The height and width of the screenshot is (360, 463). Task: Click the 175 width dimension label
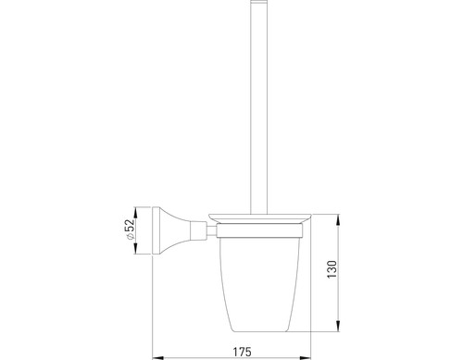pyautogui.click(x=243, y=352)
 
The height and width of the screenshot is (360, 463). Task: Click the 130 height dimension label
pyautogui.click(x=332, y=269)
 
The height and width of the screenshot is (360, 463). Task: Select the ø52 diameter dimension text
pyautogui.click(x=130, y=229)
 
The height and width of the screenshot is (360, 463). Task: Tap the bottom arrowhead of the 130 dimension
pyautogui.click(x=338, y=326)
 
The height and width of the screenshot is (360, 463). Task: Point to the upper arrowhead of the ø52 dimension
pyautogui.click(x=135, y=213)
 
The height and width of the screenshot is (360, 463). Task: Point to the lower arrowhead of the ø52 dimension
pyautogui.click(x=135, y=248)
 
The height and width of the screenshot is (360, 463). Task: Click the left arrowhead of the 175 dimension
pyautogui.click(x=159, y=358)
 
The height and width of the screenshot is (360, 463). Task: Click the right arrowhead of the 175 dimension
pyautogui.click(x=305, y=358)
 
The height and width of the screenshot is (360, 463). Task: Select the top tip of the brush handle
pyautogui.click(x=258, y=1)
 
